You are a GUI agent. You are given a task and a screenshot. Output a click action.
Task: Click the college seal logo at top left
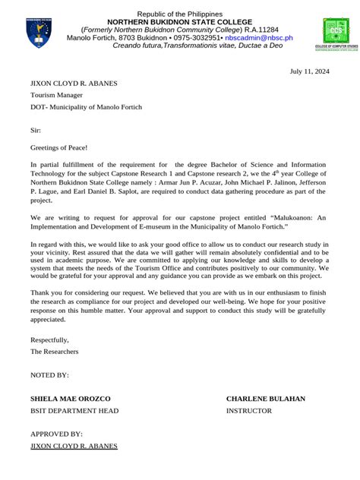39,31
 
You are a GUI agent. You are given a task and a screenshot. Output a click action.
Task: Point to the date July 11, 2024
310,71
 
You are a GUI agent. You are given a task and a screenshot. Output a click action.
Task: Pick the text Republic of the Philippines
181,14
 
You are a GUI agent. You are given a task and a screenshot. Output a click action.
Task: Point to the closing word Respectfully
49,339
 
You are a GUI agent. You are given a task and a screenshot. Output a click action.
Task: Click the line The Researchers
54,352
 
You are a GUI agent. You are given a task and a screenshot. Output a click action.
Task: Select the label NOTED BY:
49,375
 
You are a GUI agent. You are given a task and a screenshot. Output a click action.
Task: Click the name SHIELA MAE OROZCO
70,399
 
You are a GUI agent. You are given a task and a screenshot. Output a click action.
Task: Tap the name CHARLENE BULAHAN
265,399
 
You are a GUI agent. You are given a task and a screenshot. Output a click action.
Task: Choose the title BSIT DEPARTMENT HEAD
74,411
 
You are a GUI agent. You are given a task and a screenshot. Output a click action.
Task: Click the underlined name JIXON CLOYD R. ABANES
74,446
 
